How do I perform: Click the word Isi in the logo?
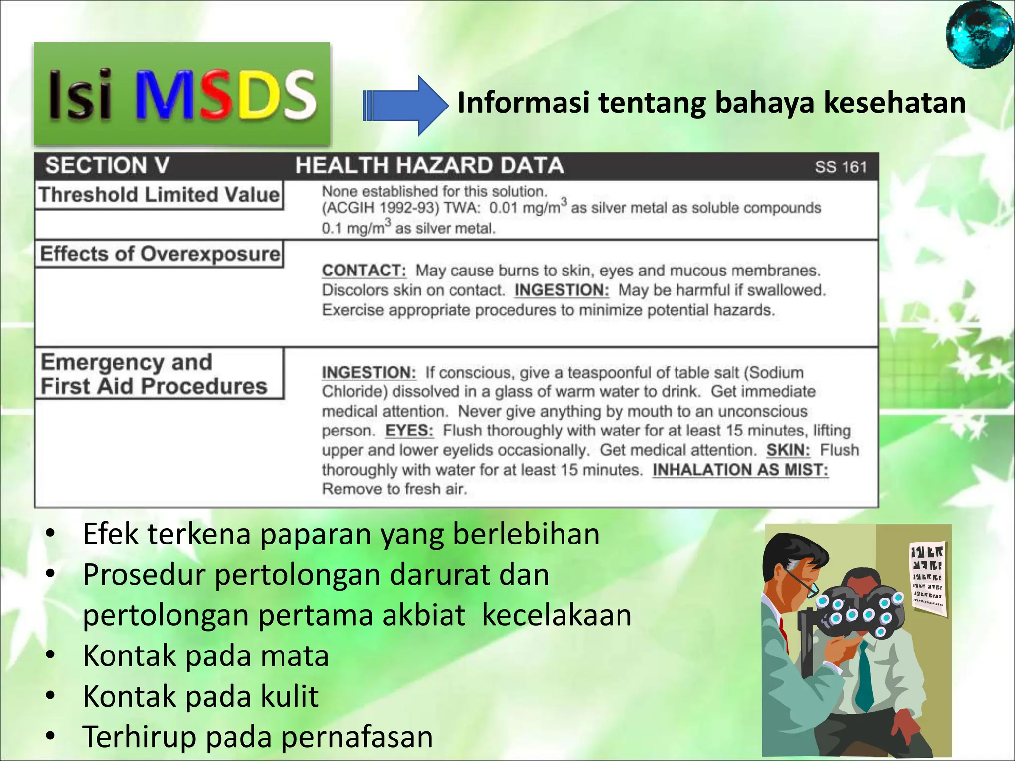[80, 95]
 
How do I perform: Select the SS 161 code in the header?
[841, 167]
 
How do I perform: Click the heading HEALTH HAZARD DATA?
[429, 165]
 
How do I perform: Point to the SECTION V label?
[107, 165]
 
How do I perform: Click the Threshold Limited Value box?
[159, 195]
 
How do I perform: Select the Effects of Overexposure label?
[159, 254]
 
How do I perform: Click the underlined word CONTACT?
[364, 271]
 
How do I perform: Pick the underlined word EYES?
[409, 431]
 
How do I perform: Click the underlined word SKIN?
[788, 450]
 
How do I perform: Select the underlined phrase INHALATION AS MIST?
[740, 470]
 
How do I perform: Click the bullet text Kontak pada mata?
[205, 655]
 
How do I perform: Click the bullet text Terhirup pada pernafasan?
[257, 736]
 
